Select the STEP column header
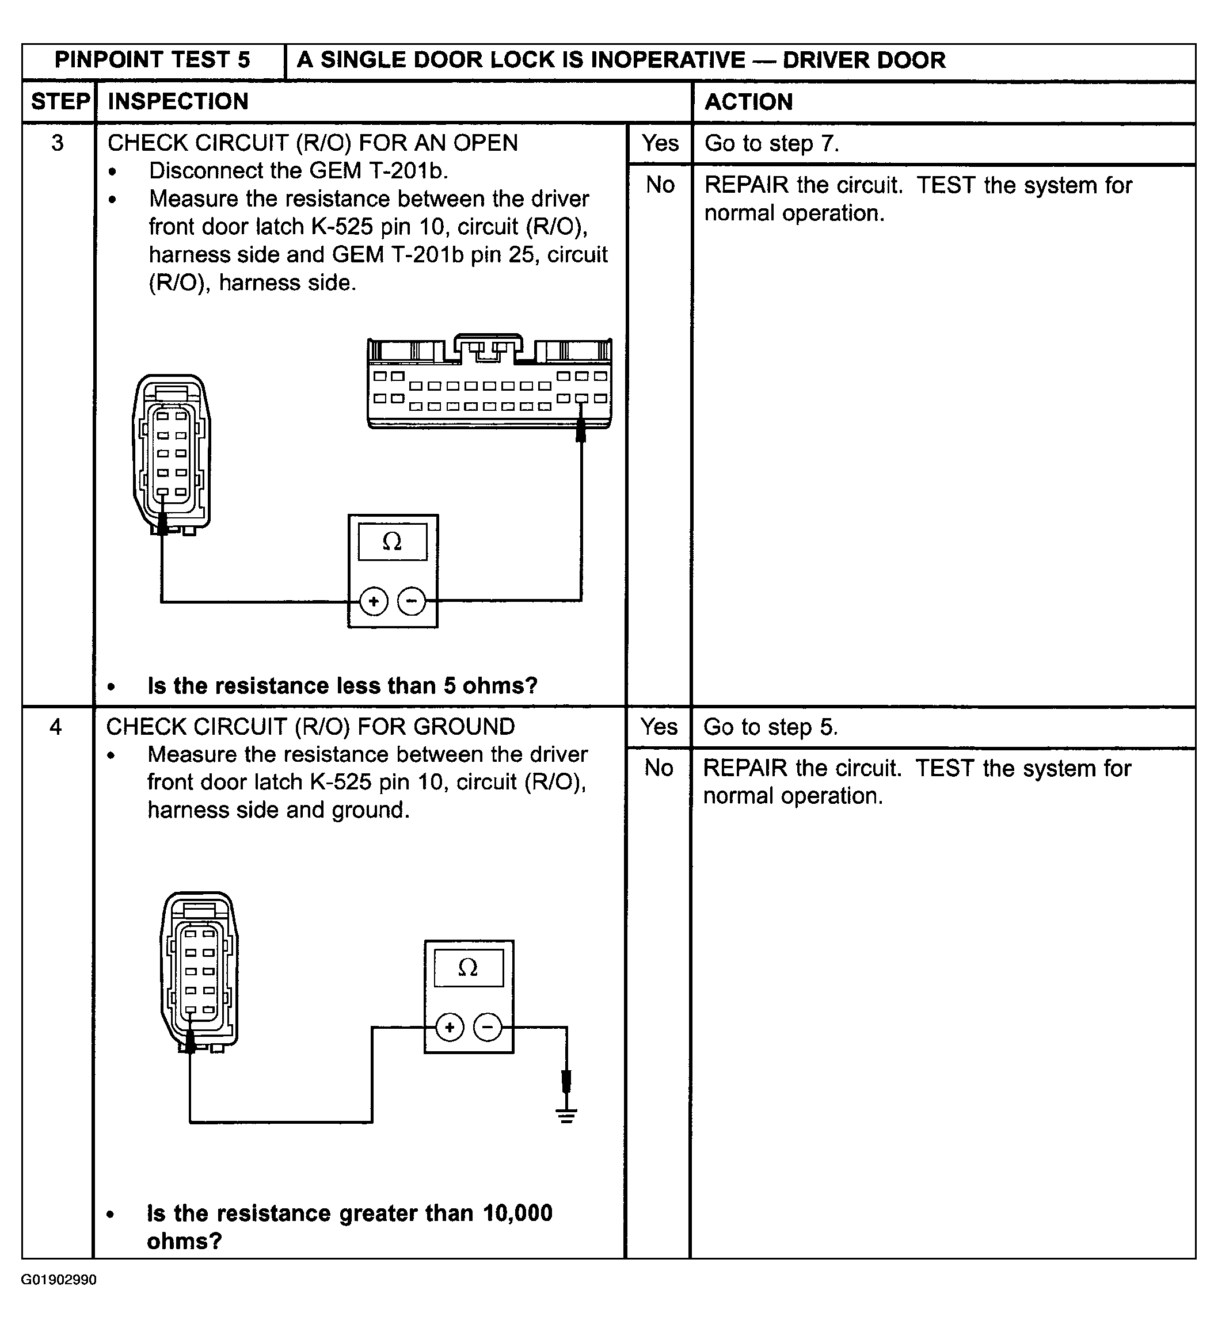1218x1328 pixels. click(x=59, y=101)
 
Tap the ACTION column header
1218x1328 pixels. click(x=749, y=102)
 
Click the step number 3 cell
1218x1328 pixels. click(x=58, y=143)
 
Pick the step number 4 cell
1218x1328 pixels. click(x=56, y=727)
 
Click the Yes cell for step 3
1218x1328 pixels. click(x=660, y=143)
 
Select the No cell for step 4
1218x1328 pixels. click(x=659, y=768)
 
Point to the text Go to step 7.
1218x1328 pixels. click(x=771, y=144)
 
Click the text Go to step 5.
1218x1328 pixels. click(x=770, y=727)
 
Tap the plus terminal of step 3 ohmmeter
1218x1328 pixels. click(x=374, y=601)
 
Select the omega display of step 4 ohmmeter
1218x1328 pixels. click(x=468, y=968)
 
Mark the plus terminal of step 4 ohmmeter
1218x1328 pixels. click(x=450, y=1027)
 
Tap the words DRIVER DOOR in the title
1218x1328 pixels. click(x=863, y=60)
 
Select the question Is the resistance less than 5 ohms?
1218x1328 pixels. click(x=342, y=686)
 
